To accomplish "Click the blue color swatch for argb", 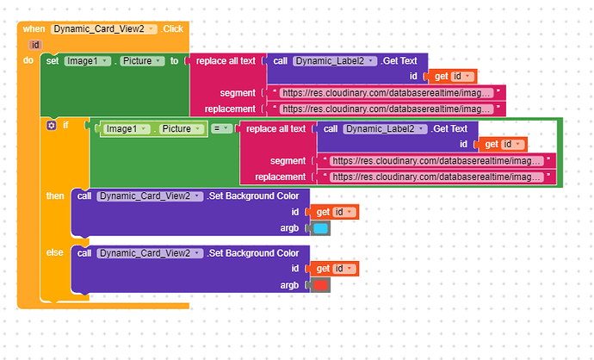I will (x=320, y=228).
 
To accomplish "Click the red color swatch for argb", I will (x=320, y=285).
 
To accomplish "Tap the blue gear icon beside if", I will (x=51, y=125).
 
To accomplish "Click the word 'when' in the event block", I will (x=34, y=28).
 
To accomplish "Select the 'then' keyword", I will (x=55, y=196).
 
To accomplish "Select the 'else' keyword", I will (x=55, y=252).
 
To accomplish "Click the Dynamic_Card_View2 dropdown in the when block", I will (x=104, y=28).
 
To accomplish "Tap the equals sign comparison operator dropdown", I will (x=222, y=128).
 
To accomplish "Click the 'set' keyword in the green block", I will (x=53, y=60).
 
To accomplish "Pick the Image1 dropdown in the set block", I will (x=89, y=60).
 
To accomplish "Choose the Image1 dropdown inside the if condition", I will (x=127, y=128).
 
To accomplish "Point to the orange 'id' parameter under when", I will (x=35, y=44).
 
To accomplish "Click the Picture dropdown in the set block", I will (x=143, y=60).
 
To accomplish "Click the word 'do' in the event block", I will (x=28, y=60).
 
